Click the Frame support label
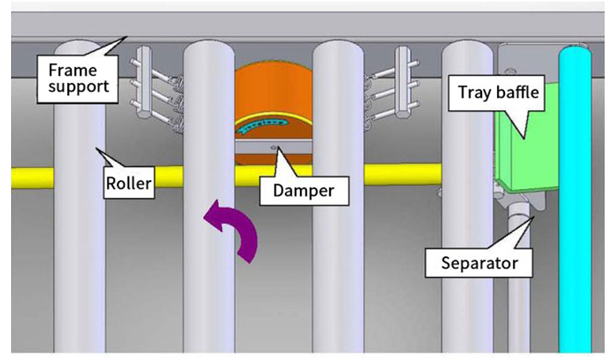pos(78,79)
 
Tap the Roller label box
pos(128,183)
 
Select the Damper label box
pos(304,191)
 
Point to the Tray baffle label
pos(499,93)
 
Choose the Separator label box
pos(480,263)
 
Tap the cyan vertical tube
pos(575,199)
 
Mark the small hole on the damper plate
pos(274,147)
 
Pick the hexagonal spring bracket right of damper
pos(403,82)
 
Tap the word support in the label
pos(78,87)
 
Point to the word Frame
pos(72,70)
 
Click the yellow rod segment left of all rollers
pos(32,178)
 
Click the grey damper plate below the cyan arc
pos(273,147)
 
